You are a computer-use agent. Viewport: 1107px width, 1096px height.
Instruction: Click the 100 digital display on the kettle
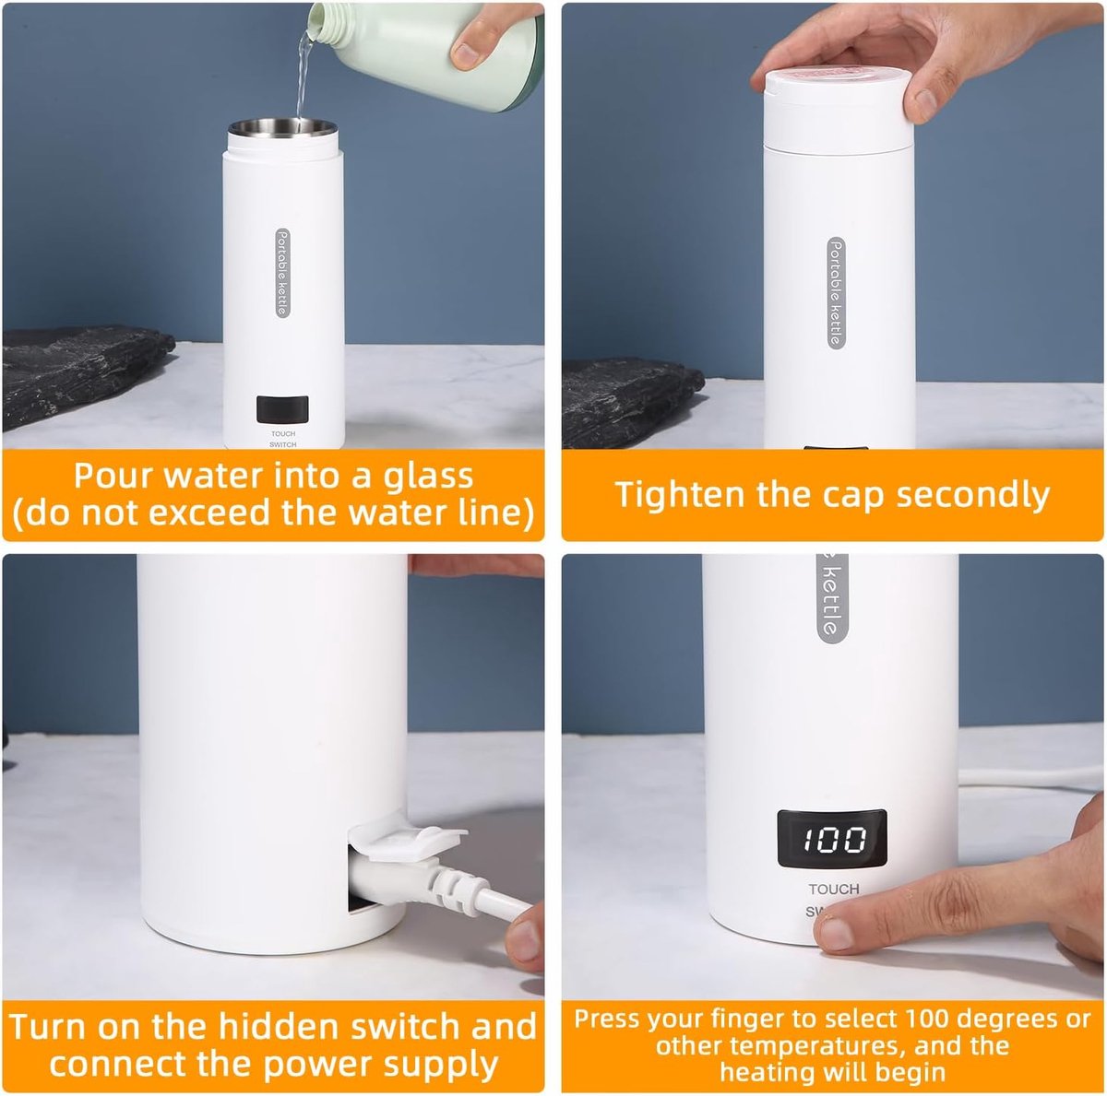click(x=831, y=839)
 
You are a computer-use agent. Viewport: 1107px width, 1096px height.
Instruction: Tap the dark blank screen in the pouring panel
click(x=282, y=408)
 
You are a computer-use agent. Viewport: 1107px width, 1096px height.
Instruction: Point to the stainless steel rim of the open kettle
click(x=282, y=127)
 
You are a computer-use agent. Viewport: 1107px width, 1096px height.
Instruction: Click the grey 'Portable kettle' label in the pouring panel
click(x=282, y=273)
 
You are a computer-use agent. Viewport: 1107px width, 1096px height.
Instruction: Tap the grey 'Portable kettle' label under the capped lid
click(x=837, y=293)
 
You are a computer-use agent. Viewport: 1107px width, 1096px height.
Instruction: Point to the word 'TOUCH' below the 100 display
click(x=834, y=890)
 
